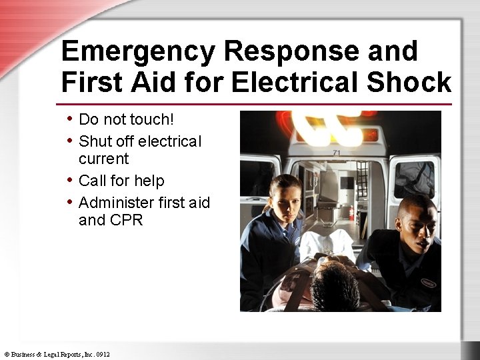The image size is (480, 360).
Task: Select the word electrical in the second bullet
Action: pos(169,141)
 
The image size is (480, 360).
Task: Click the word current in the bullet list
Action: pos(103,159)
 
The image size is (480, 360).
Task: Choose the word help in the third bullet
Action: pos(149,181)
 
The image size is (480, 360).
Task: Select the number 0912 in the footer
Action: pos(102,354)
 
